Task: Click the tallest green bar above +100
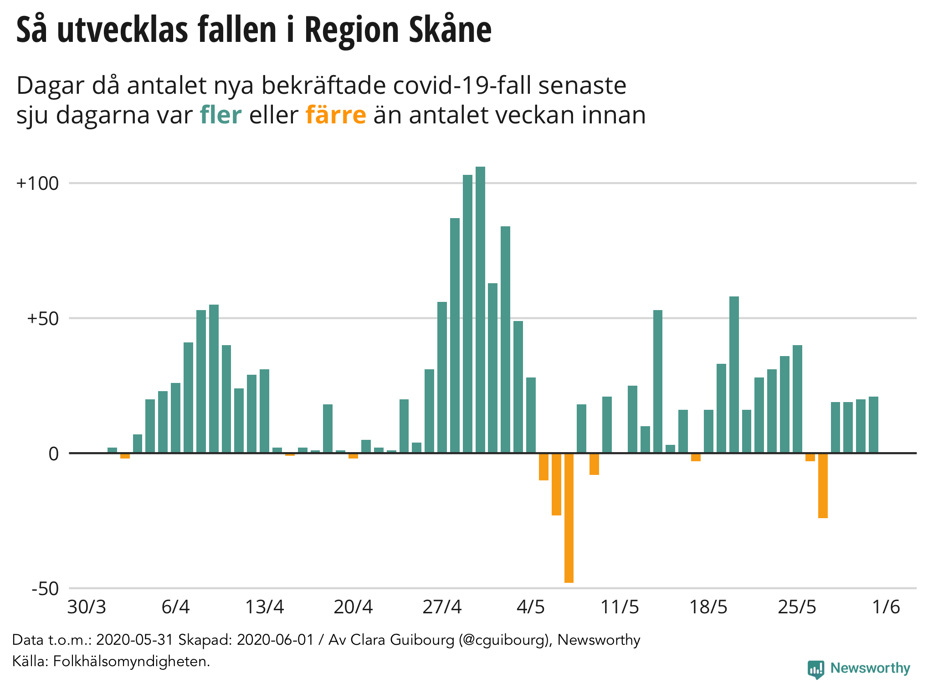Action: (x=480, y=310)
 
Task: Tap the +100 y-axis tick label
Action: (x=38, y=183)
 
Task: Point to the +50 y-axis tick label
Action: (x=43, y=318)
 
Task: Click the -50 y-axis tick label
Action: (x=46, y=589)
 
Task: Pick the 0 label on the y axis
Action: (x=54, y=454)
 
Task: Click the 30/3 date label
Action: (x=87, y=607)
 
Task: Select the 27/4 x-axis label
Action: (x=442, y=607)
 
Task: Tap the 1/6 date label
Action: (x=886, y=607)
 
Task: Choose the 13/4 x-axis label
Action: (x=264, y=607)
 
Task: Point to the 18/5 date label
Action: (x=708, y=607)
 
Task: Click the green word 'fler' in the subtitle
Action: (x=220, y=115)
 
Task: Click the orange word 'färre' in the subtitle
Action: (x=336, y=115)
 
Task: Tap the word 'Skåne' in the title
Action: (x=450, y=30)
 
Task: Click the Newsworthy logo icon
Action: (x=815, y=669)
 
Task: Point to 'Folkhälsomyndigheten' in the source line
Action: (x=131, y=661)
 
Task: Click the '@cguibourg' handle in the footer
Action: (x=504, y=640)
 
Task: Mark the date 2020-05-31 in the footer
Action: (x=135, y=640)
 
